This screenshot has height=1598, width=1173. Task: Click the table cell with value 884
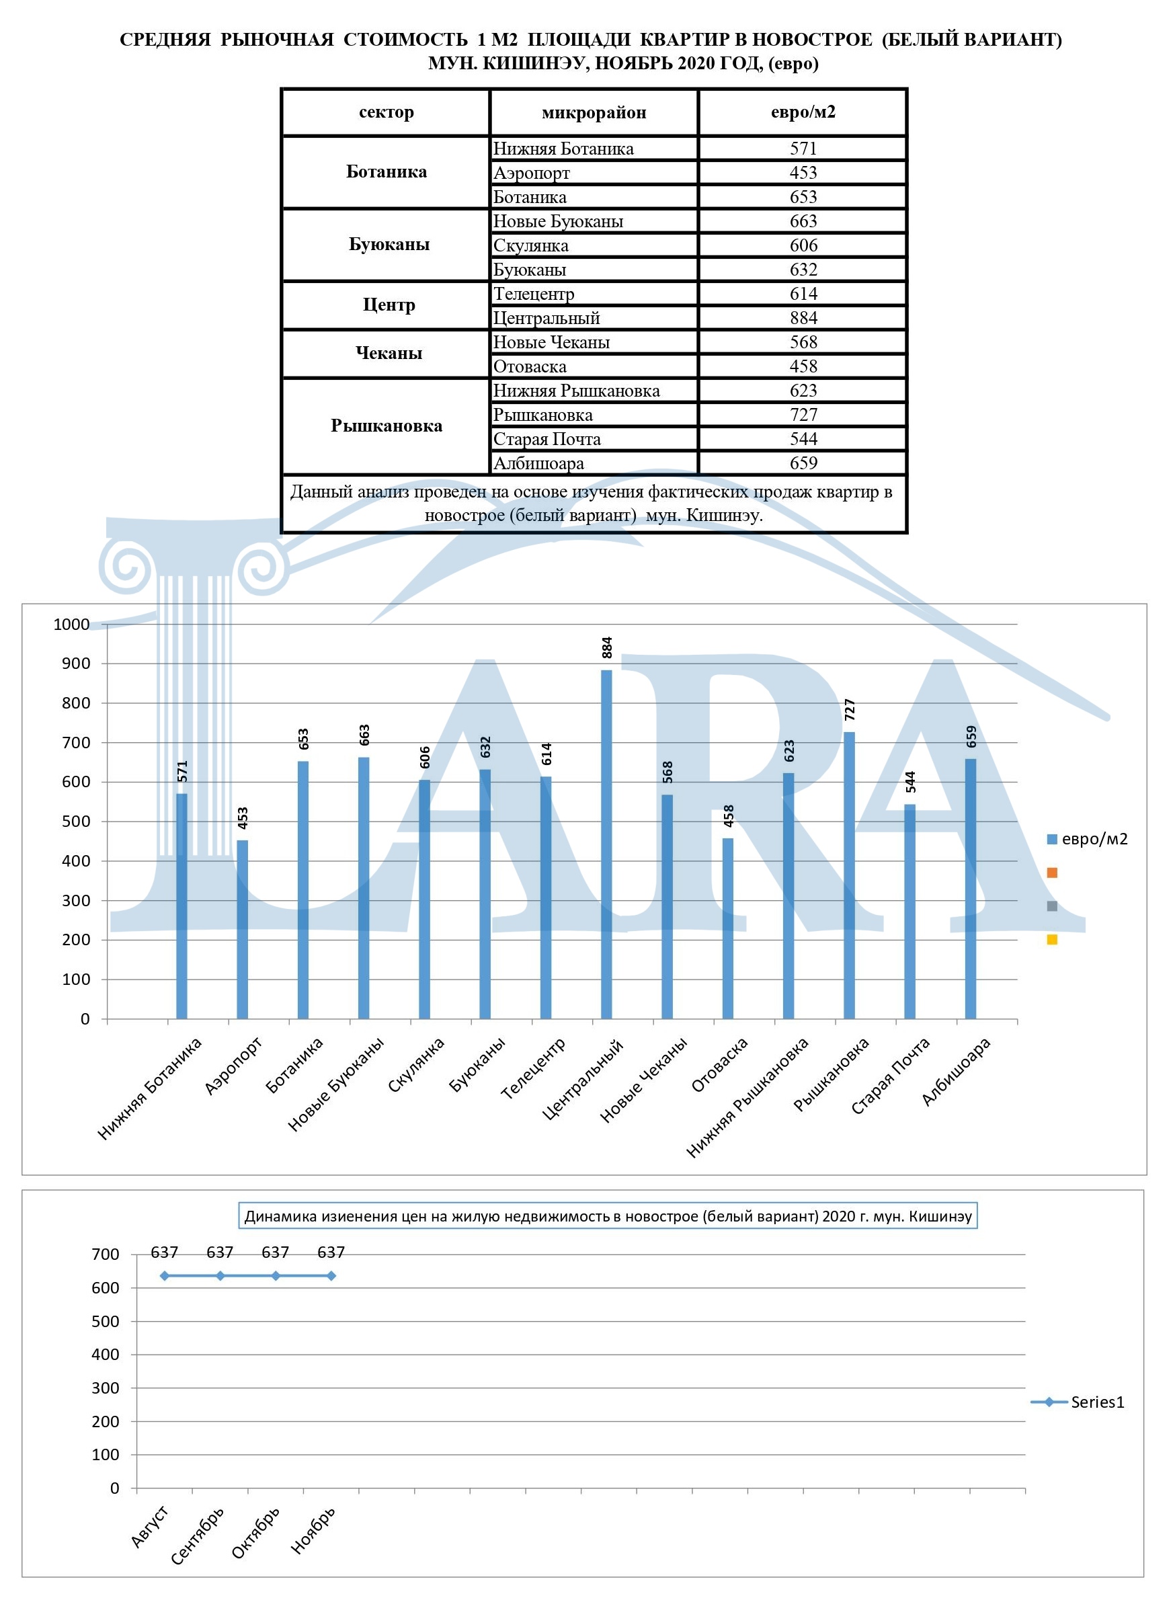click(803, 317)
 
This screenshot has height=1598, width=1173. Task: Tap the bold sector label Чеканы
click(389, 353)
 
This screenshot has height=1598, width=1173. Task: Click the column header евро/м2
click(803, 112)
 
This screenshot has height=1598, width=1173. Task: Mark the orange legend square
click(1052, 872)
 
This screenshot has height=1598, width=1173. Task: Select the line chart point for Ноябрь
click(331, 1275)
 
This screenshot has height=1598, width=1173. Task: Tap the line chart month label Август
click(151, 1525)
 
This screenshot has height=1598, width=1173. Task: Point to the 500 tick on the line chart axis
click(105, 1321)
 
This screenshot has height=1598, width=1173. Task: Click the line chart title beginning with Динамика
click(608, 1216)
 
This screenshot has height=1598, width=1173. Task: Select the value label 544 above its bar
click(911, 781)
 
